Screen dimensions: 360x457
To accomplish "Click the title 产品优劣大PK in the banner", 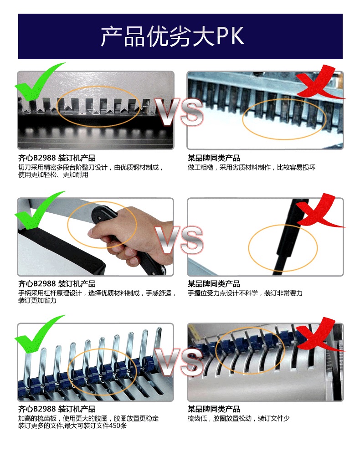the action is coord(172,36).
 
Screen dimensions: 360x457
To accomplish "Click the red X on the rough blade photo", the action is coord(319,83).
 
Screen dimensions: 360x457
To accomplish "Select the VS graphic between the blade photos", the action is coord(179,112).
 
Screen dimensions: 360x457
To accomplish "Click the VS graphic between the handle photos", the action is coord(179,240).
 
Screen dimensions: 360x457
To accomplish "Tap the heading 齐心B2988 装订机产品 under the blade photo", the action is coord(57,158).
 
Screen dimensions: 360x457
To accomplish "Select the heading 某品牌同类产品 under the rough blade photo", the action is coord(214,158).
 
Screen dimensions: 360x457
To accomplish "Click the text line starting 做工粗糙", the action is coord(251,167).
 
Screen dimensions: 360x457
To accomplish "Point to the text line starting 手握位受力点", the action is coord(245,293).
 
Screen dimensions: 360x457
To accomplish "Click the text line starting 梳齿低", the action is coord(238,419).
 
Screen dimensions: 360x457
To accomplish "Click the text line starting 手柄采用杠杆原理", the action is coord(97,293).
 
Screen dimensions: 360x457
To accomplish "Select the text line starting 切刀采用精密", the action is coord(90,167).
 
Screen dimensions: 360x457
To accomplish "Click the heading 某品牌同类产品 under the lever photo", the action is coord(214,283).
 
